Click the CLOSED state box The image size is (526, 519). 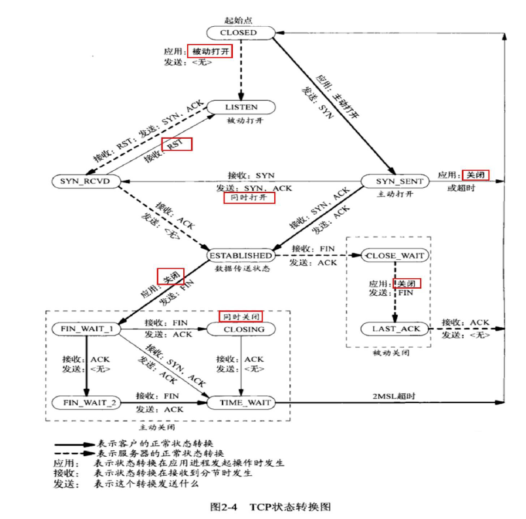(x=239, y=32)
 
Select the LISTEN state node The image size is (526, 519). (x=241, y=107)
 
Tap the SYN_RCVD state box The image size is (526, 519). (x=86, y=181)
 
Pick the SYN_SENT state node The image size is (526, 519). (x=396, y=181)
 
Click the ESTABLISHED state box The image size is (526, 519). (x=240, y=255)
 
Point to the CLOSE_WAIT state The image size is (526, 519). (x=394, y=255)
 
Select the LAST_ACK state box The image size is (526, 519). (x=394, y=329)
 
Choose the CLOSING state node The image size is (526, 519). (x=240, y=329)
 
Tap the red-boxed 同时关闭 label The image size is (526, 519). (x=240, y=316)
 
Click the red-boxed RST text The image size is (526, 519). (x=177, y=144)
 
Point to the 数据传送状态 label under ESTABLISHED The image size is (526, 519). (x=239, y=268)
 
